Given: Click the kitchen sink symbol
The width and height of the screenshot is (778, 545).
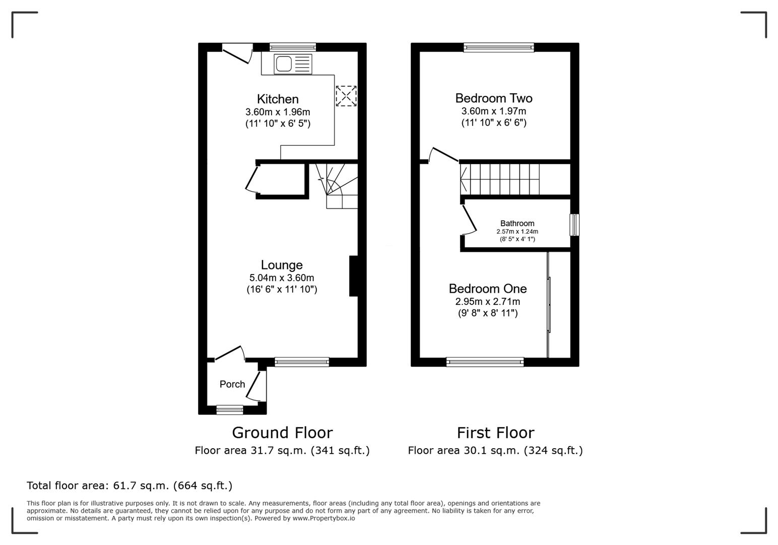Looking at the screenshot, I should [x=293, y=64].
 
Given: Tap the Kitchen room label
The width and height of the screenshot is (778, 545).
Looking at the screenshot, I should [x=278, y=99].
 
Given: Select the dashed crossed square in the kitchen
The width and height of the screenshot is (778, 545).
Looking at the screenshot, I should [x=346, y=96].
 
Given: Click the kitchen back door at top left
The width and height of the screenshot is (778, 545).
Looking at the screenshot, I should [x=237, y=53].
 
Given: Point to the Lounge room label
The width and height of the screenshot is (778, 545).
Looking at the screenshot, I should [x=282, y=265].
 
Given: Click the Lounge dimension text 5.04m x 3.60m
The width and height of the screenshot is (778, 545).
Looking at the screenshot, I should [x=282, y=278].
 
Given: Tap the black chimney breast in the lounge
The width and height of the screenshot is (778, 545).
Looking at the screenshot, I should [x=354, y=276].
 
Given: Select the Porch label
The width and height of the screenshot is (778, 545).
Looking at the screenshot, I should [x=232, y=384].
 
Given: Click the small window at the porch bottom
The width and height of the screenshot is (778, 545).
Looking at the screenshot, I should [x=229, y=410].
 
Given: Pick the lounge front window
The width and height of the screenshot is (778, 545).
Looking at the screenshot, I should [x=301, y=361].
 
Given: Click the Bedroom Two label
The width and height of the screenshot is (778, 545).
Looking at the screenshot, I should [x=493, y=98].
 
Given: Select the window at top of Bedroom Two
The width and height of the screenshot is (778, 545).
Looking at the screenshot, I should [x=498, y=47].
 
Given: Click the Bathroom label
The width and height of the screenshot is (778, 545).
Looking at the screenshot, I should [x=517, y=223].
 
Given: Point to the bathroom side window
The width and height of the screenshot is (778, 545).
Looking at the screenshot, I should [x=574, y=225].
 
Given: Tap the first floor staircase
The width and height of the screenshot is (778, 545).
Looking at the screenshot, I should [x=500, y=179].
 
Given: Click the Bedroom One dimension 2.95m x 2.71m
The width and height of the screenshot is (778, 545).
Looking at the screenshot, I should [x=487, y=301].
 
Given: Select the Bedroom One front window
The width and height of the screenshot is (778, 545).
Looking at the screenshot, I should [x=485, y=361].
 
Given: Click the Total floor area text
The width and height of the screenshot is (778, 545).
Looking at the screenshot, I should [x=129, y=485].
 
